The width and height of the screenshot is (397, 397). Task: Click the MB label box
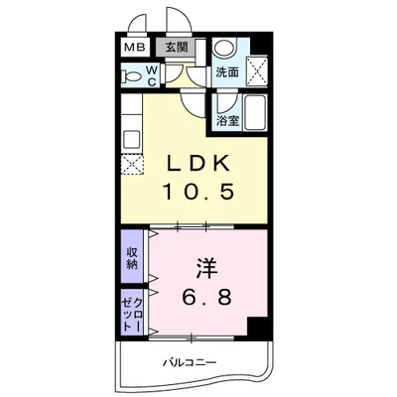(x=132, y=47)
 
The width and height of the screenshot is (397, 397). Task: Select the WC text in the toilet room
(x=149, y=75)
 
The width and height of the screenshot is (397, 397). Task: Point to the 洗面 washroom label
(x=227, y=71)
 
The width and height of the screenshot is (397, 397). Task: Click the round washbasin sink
(x=226, y=49)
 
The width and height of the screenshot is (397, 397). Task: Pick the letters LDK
(x=198, y=161)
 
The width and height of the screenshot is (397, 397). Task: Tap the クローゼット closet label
(x=132, y=313)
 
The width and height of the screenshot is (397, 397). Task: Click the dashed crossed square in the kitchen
(x=130, y=165)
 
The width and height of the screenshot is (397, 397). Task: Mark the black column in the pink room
(x=258, y=326)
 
